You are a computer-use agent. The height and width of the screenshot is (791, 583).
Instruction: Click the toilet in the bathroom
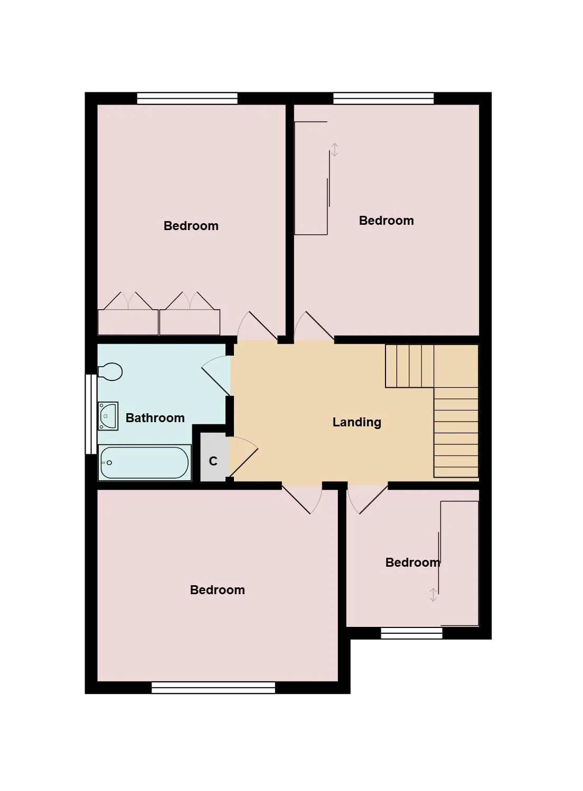coord(110,371)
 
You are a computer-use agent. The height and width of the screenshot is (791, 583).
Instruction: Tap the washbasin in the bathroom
coord(108,416)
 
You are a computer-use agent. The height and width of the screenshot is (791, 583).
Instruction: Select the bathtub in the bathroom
coord(145,463)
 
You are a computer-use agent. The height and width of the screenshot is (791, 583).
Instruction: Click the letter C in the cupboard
coord(213,461)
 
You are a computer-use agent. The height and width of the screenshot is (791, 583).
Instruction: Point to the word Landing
coord(357,422)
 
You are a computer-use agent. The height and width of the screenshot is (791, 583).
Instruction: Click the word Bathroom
coord(155,418)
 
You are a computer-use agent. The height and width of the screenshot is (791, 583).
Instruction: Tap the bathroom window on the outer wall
coord(91,414)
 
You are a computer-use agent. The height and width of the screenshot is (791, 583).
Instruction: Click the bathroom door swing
coord(216,375)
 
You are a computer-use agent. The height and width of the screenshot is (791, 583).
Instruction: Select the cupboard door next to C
coord(244,456)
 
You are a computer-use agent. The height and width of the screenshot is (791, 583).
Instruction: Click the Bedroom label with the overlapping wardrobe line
coord(412,563)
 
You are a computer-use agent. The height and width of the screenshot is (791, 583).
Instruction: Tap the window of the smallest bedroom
coord(411,633)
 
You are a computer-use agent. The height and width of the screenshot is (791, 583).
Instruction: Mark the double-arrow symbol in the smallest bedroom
coord(433,595)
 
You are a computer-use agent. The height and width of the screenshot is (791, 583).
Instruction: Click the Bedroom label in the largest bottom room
coord(217,590)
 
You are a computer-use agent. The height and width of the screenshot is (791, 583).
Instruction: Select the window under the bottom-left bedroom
coord(213,688)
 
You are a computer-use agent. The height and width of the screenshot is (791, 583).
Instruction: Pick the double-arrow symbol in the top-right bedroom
coord(335,149)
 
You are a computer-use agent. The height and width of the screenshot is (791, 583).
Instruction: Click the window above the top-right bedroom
coord(383,98)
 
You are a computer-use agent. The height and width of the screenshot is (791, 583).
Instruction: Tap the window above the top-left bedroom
coord(187,98)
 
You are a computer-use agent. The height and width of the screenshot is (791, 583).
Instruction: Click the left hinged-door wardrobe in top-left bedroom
coord(128,313)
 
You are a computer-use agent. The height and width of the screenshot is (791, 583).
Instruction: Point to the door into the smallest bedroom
coord(368,499)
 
